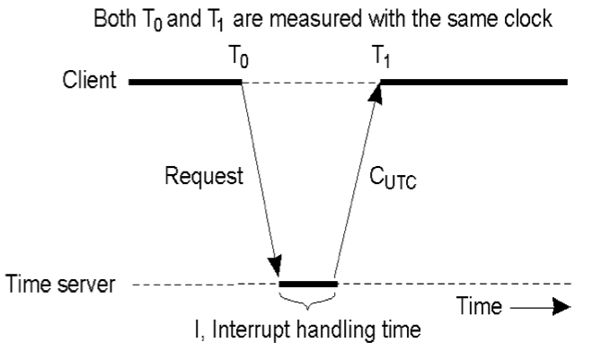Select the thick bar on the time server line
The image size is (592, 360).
308,284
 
